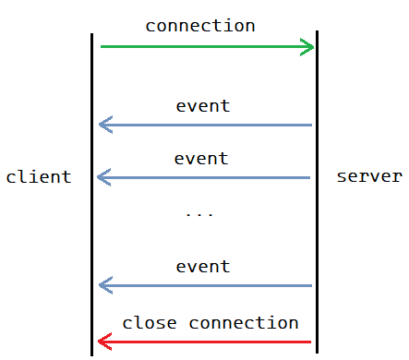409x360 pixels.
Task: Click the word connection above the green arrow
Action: [x=200, y=26]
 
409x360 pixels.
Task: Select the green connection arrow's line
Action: [x=203, y=46]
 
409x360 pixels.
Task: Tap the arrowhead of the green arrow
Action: [x=307, y=46]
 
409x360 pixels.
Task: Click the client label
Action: [x=39, y=176]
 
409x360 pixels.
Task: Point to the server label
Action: [x=369, y=176]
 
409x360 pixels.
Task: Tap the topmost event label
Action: [x=202, y=106]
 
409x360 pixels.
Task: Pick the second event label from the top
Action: [x=201, y=159]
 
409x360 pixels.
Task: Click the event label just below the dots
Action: [x=202, y=267]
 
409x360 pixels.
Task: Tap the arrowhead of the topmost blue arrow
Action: [x=104, y=125]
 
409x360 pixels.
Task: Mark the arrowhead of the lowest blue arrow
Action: [x=104, y=285]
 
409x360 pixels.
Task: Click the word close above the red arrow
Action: [x=150, y=323]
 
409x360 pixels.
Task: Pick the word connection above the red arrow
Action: [x=244, y=323]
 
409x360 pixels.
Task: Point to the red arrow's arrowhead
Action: [x=104, y=342]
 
